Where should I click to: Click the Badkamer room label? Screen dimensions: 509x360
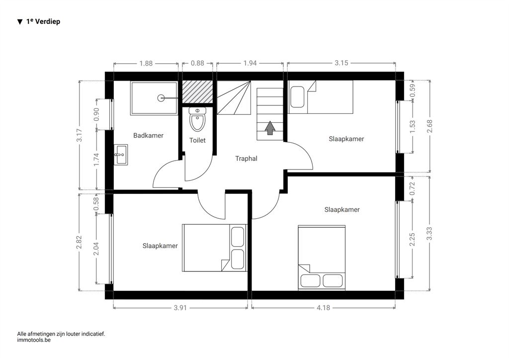click(148, 135)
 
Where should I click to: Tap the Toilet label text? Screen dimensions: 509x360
click(197, 140)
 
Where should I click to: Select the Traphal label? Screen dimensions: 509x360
click(246, 159)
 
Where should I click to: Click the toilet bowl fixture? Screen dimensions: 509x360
click(197, 119)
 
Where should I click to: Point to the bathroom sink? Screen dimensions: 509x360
click(121, 155)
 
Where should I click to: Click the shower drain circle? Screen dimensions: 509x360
click(161, 98)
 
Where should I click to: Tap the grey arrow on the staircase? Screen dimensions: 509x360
click(270, 128)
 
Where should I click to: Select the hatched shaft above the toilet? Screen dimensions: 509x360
click(197, 92)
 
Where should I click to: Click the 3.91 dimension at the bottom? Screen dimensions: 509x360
click(180, 307)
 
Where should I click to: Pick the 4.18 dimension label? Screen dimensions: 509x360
click(323, 307)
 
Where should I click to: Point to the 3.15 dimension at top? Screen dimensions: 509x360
click(341, 63)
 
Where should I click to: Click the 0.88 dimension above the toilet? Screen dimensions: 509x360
click(197, 63)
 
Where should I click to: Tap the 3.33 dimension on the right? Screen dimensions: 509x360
click(429, 234)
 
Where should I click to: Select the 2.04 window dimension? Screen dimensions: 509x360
click(96, 249)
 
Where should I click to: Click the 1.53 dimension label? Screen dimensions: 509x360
click(412, 127)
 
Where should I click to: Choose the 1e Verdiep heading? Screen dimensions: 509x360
click(39, 21)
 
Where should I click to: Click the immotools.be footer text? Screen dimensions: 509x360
click(34, 340)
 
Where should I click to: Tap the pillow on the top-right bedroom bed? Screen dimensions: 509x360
click(297, 97)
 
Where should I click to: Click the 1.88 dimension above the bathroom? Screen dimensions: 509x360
click(146, 63)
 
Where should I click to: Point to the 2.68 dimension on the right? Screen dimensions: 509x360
click(429, 126)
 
